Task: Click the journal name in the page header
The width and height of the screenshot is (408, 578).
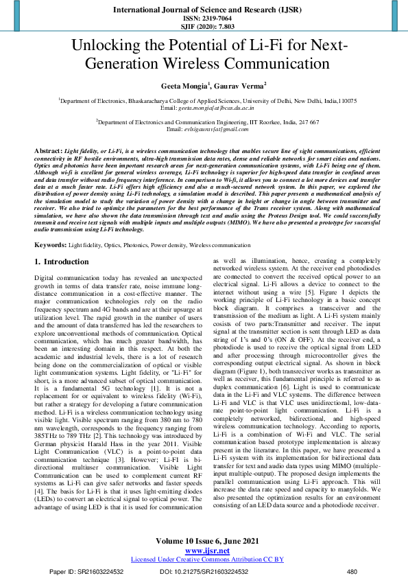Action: [x=204, y=10]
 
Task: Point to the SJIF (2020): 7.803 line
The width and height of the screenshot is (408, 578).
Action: [x=204, y=27]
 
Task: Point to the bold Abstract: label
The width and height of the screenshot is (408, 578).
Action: [x=47, y=149]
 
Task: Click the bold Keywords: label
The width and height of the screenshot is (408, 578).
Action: [x=49, y=244]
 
